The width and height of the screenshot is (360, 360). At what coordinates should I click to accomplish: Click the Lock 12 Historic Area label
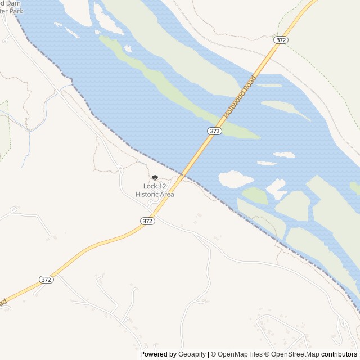155,190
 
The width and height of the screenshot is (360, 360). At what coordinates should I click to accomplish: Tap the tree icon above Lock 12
155,178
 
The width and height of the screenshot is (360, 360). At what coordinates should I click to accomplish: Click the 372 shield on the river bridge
214,130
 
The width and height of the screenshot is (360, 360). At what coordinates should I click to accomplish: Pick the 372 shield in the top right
281,40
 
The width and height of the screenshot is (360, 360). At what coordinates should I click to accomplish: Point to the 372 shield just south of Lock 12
147,221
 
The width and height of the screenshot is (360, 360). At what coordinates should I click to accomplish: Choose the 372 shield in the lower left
46,280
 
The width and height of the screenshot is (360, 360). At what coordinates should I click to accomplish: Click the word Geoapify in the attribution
192,354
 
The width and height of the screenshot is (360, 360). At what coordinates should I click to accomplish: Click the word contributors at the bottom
339,354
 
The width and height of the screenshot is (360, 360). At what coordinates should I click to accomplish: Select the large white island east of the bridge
235,179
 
